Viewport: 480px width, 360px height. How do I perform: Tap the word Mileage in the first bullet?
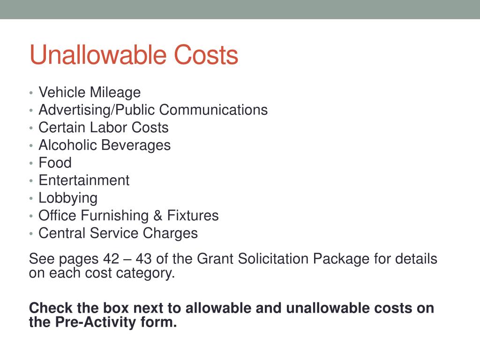[x=115, y=93]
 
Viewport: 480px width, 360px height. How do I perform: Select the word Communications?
[x=213, y=110]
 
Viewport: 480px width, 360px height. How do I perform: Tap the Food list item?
[x=55, y=163]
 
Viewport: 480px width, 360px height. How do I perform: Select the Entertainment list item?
[x=84, y=180]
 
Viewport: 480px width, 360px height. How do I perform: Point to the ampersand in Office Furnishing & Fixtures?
[x=157, y=216]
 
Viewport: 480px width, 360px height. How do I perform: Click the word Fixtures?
[x=193, y=216]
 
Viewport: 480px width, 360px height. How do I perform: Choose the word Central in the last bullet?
[x=62, y=233]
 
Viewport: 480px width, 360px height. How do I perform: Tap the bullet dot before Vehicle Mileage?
[x=31, y=92]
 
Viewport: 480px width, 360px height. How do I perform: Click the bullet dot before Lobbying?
[x=31, y=198]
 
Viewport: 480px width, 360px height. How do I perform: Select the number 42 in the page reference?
[x=111, y=259]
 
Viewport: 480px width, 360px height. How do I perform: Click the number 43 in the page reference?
[x=143, y=259]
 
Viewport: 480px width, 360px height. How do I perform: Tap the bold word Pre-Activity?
[x=96, y=322]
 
